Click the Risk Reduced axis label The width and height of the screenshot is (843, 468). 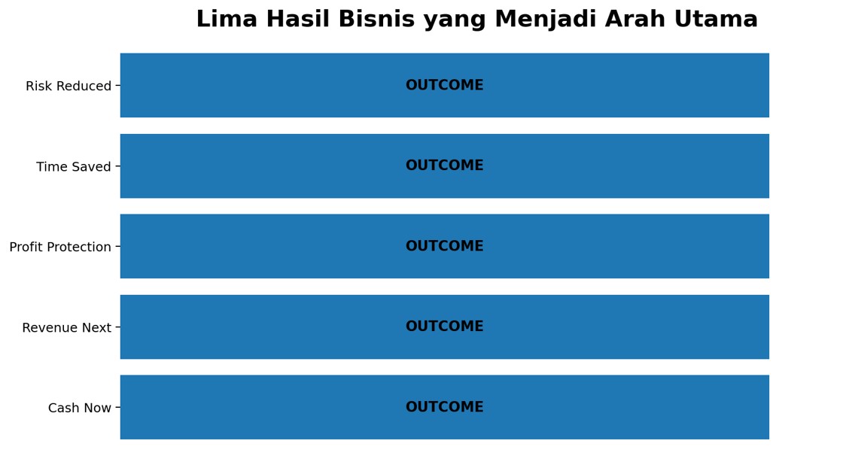tap(68, 86)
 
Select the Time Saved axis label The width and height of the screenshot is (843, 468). tap(74, 166)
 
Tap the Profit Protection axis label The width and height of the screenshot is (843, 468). tap(60, 247)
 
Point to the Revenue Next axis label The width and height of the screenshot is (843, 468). tap(67, 328)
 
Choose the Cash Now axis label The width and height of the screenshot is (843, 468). tap(80, 408)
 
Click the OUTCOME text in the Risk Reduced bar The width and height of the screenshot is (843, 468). tap(445, 85)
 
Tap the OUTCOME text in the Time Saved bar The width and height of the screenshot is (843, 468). tap(445, 166)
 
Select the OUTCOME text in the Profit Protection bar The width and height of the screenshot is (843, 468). tap(445, 246)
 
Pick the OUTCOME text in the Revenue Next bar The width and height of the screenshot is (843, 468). tap(445, 326)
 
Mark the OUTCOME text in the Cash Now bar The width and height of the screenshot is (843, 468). tap(445, 407)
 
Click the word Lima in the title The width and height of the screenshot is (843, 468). tap(227, 20)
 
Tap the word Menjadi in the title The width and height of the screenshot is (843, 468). tap(545, 20)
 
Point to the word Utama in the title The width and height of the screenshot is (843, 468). tap(716, 20)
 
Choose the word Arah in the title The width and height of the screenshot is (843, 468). tap(635, 20)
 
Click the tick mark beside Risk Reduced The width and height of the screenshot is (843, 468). tap(117, 86)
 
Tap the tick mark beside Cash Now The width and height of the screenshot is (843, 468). tap(117, 407)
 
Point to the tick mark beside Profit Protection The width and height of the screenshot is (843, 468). tap(117, 247)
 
